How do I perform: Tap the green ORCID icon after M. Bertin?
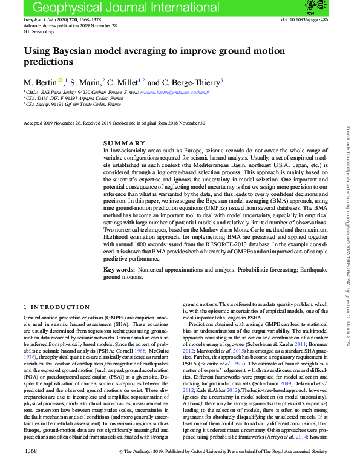pos(61,80)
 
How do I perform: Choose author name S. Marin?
pos(88,82)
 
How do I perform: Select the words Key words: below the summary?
pos(119,269)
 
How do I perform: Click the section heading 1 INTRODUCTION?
pos(56,308)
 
